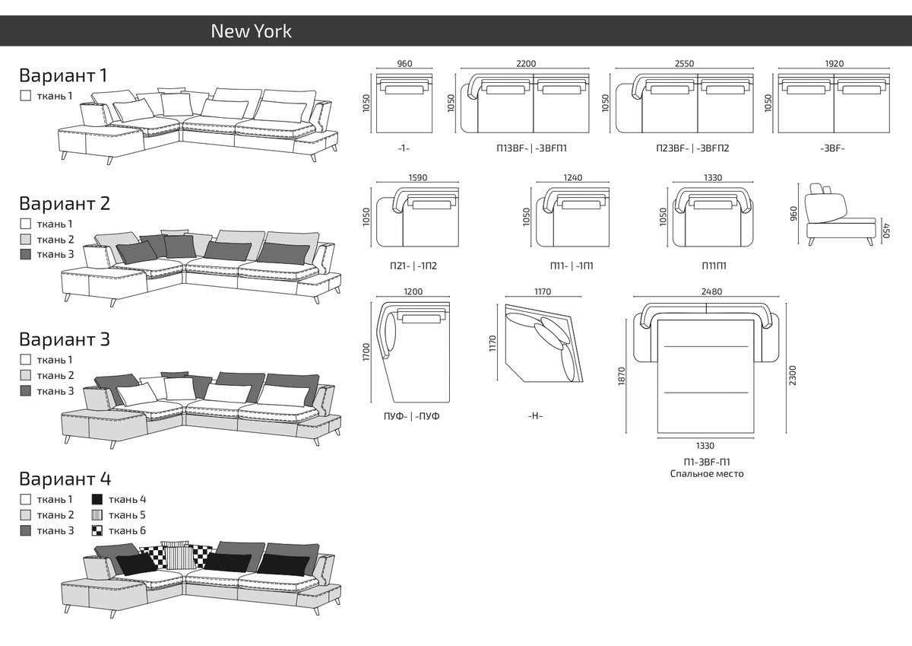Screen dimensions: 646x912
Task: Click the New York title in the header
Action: click(x=251, y=31)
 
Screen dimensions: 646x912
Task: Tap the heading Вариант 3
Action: click(x=64, y=339)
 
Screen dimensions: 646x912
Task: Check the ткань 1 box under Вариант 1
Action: click(x=26, y=96)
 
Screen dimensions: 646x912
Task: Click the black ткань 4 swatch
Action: click(x=97, y=500)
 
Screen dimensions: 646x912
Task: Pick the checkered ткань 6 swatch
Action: click(x=97, y=530)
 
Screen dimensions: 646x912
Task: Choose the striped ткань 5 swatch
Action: click(x=97, y=515)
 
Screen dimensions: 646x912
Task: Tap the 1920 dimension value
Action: click(x=834, y=64)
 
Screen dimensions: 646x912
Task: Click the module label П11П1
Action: click(x=713, y=266)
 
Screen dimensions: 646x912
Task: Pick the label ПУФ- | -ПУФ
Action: click(x=412, y=416)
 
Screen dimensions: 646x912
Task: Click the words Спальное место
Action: click(x=707, y=474)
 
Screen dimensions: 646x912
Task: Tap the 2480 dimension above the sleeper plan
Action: click(x=707, y=291)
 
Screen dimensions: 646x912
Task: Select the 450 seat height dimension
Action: click(x=885, y=228)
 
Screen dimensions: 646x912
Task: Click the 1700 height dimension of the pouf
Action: click(x=366, y=352)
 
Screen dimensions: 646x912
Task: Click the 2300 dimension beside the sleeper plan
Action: click(x=793, y=374)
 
